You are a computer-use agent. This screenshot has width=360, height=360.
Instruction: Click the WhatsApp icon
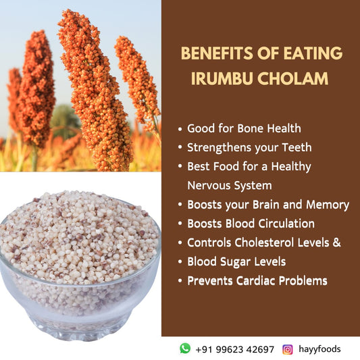click(x=185, y=349)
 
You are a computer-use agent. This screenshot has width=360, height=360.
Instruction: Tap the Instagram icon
click(x=288, y=349)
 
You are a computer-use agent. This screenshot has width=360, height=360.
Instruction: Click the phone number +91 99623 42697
click(x=234, y=349)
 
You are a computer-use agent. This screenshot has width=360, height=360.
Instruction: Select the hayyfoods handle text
click(x=319, y=349)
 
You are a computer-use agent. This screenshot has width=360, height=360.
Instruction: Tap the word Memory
click(x=328, y=204)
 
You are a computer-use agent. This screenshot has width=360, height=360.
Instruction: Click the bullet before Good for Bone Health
click(x=180, y=128)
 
